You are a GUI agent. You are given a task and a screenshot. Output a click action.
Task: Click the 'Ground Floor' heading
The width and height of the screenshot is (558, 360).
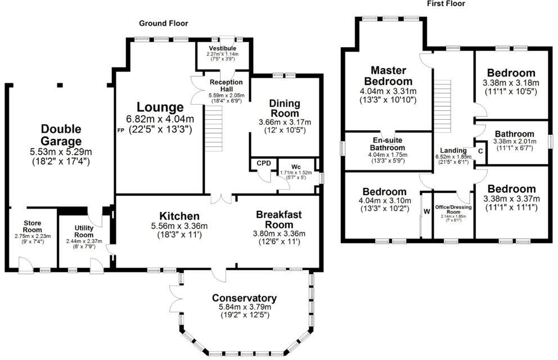pyautogui.click(x=164, y=23)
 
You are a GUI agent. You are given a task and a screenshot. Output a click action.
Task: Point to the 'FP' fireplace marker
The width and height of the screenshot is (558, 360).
pyautogui.click(x=120, y=130)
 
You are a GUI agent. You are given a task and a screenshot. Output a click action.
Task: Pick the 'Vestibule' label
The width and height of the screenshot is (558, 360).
pyautogui.click(x=222, y=48)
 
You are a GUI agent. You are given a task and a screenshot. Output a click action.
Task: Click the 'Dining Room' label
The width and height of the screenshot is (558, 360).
pyautogui.click(x=285, y=109)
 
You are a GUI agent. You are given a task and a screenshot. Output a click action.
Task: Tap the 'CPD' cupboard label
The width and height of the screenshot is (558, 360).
pyautogui.click(x=264, y=163)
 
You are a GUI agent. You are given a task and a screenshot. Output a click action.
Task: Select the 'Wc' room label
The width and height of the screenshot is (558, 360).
pyautogui.click(x=295, y=167)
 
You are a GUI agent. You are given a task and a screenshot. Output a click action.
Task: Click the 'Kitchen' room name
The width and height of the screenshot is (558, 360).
pyautogui.click(x=179, y=216)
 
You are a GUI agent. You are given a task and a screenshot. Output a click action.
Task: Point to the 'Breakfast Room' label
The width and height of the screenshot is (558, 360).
pyautogui.click(x=279, y=219)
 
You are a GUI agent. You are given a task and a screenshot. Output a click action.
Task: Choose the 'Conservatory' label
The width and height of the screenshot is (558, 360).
pyautogui.click(x=244, y=298)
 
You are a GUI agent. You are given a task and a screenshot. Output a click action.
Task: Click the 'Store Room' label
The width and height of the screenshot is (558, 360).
pyautogui.click(x=32, y=226)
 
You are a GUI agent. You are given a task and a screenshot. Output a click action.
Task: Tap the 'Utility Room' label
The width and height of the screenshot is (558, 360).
pyautogui.click(x=84, y=231)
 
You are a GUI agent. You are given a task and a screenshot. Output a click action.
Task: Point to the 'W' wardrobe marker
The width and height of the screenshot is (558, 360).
pyautogui.click(x=426, y=211)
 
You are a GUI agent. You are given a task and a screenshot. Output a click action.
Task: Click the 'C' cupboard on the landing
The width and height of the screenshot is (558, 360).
pyautogui.click(x=480, y=151)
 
